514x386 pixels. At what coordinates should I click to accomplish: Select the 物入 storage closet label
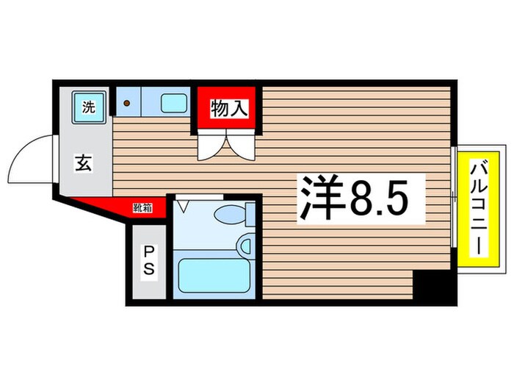pos(228,110)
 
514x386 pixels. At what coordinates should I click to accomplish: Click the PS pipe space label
pos(148,262)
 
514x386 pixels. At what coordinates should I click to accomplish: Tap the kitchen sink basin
pos(174,103)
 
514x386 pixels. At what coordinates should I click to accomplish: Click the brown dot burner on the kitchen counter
pos(126,104)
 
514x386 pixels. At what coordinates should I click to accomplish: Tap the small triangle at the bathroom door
pos(184,205)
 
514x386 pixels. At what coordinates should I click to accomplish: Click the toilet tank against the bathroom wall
pos(250,215)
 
